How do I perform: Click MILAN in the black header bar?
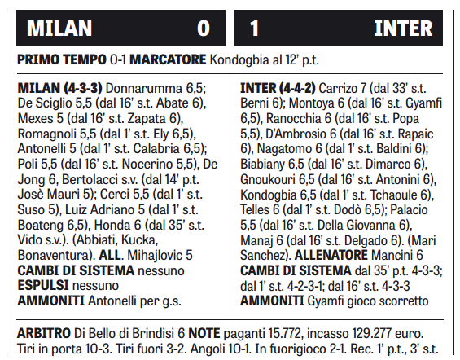click(x=59, y=29)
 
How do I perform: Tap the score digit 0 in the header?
click(x=203, y=29)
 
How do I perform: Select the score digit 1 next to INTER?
click(x=255, y=29)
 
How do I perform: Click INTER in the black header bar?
click(x=403, y=29)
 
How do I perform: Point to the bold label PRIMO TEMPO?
click(x=61, y=59)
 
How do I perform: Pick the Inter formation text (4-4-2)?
click(x=304, y=88)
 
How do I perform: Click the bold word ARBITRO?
click(x=45, y=333)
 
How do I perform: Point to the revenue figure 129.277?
click(x=380, y=333)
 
